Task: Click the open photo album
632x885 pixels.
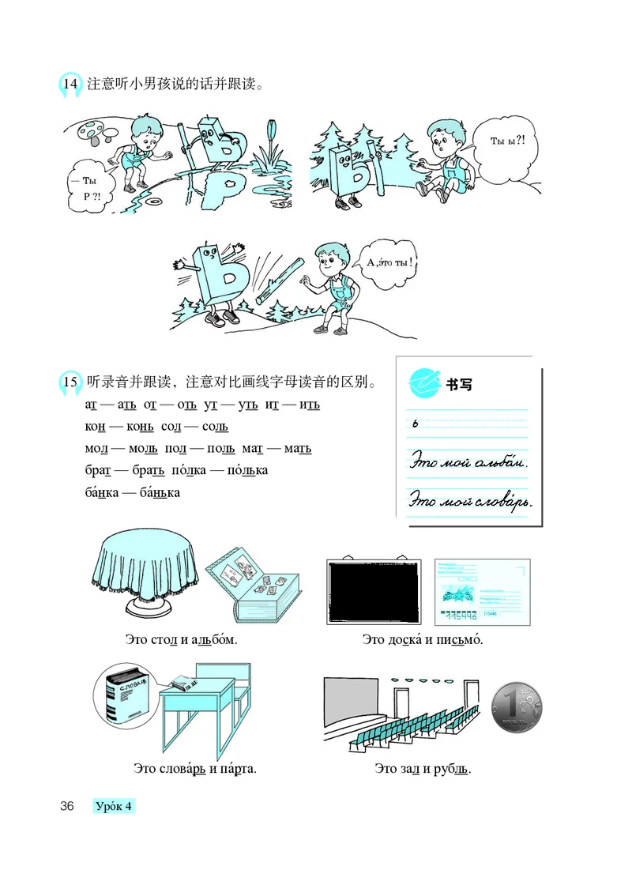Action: [x=252, y=593]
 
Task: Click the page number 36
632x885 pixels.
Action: [x=66, y=807]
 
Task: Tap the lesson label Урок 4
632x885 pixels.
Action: [x=114, y=807]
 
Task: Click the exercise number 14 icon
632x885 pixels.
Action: [x=70, y=83]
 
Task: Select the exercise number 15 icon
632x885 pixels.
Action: [x=70, y=383]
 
